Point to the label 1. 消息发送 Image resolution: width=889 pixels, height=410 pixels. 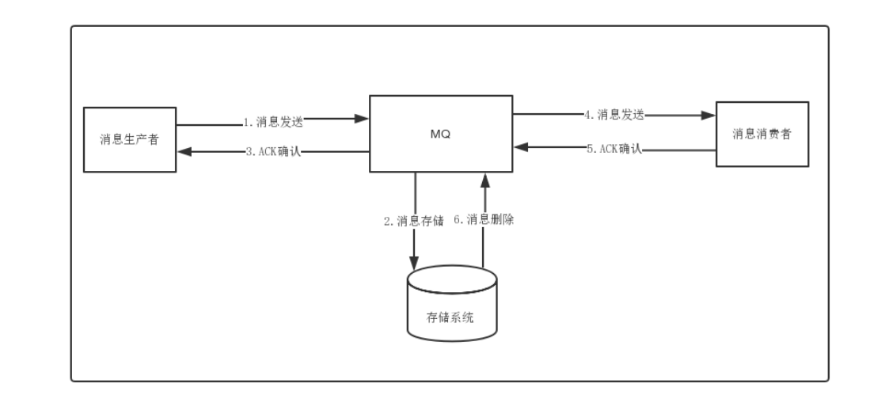(273, 122)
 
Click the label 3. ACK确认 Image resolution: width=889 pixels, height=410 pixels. (273, 153)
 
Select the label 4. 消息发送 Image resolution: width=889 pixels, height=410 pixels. (614, 115)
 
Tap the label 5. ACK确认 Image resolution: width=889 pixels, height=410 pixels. (614, 147)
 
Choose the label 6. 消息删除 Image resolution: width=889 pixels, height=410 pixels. (484, 220)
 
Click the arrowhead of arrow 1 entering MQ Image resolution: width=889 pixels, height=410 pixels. (364, 120)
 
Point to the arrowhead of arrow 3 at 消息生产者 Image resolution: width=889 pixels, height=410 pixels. (183, 151)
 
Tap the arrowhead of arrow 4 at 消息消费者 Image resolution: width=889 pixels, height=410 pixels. (710, 115)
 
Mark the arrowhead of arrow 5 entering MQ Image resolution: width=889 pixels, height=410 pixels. (519, 146)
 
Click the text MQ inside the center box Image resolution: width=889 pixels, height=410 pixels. (441, 134)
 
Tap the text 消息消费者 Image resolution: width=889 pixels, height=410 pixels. (762, 133)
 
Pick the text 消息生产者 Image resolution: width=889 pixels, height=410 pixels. (130, 141)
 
